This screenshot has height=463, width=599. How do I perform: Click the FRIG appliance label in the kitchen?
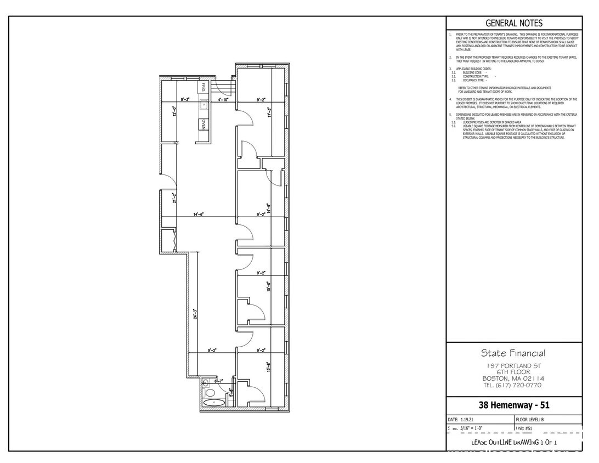pos(204,88)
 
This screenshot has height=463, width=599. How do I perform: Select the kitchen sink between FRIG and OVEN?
pos(204,104)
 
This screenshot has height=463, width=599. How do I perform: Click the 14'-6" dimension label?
pos(199,214)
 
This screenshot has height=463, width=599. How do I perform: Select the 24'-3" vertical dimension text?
pos(195,314)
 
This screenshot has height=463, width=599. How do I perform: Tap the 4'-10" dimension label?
pos(223,100)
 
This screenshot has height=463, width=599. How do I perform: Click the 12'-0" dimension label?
pos(174,111)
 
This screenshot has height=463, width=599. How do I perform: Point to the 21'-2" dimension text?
pos(174,198)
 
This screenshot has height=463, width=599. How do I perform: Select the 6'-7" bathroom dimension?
pos(219,381)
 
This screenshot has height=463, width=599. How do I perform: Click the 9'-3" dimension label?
pos(186,100)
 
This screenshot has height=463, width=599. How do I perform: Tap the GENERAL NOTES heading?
pos(514,23)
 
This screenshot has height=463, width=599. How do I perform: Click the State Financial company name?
pos(513,353)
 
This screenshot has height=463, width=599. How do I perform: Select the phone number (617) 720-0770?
pos(513,385)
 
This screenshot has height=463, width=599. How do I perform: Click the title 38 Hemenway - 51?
pos(513,406)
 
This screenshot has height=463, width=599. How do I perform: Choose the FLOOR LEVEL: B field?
pos(530,419)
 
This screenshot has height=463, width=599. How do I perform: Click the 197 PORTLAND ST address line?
pos(513,365)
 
